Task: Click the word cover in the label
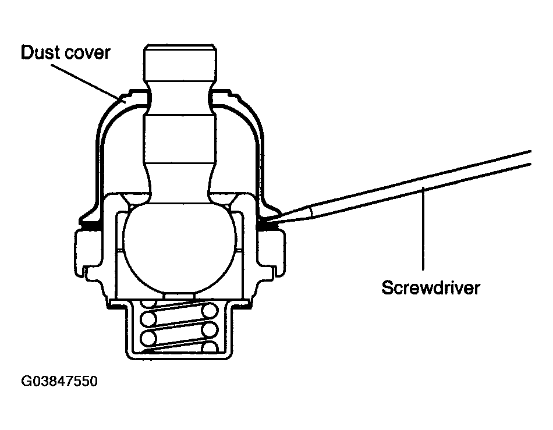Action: [87, 54]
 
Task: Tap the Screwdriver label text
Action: [431, 287]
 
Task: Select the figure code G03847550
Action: [59, 381]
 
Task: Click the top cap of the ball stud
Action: [180, 63]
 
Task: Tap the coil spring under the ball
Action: [179, 327]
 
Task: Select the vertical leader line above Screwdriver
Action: [423, 229]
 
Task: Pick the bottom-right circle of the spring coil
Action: [211, 347]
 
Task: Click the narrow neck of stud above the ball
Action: [180, 183]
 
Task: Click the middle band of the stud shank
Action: [179, 138]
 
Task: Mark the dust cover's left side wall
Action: [100, 159]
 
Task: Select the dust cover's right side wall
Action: [260, 159]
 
